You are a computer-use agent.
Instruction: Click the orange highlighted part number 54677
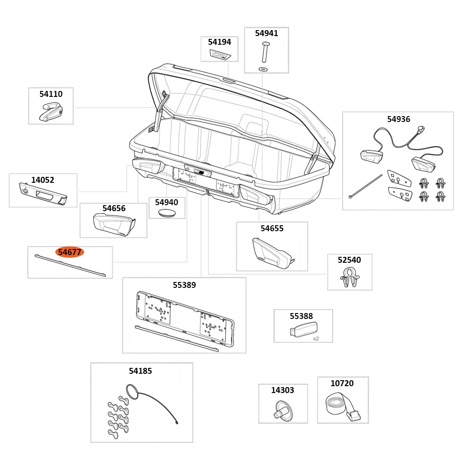tap(69, 252)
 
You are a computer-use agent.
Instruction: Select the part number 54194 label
tap(219, 42)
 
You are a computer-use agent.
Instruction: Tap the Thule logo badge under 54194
tap(220, 54)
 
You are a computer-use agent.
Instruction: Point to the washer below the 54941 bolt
tap(263, 69)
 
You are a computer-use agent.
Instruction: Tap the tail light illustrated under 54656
tap(113, 224)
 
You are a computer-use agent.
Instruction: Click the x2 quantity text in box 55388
tap(316, 339)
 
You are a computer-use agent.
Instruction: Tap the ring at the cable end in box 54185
tap(131, 392)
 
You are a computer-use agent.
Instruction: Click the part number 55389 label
tap(184, 285)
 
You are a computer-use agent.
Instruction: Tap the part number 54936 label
tap(399, 119)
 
